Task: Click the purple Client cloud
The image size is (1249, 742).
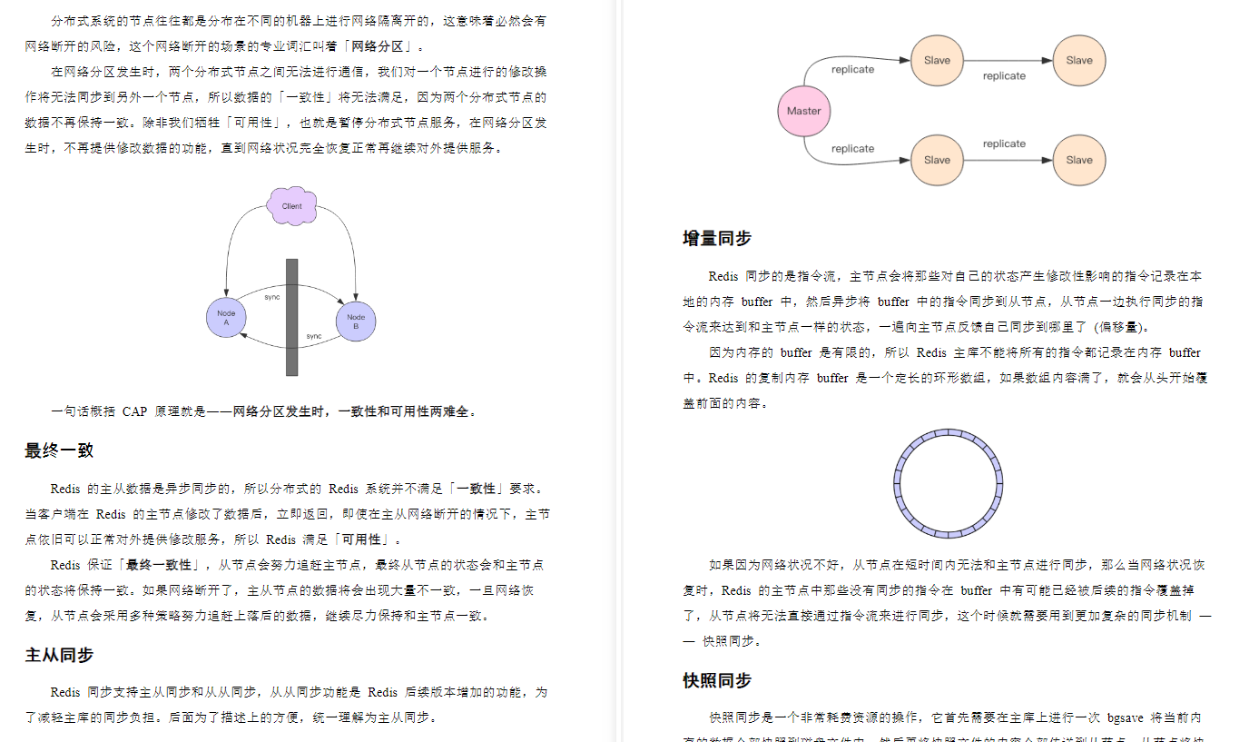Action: tap(291, 206)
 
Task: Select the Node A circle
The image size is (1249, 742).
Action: tap(226, 318)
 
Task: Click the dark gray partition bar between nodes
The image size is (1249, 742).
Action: tap(291, 317)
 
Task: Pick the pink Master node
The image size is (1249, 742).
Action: tap(804, 111)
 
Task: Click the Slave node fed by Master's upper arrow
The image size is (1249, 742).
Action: tap(937, 61)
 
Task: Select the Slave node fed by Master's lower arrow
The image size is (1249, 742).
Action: tap(937, 160)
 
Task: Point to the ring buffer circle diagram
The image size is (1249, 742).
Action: tap(948, 483)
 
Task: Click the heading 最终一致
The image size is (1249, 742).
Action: tap(59, 450)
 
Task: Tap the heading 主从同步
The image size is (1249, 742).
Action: tap(59, 655)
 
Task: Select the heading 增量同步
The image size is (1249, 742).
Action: tap(717, 239)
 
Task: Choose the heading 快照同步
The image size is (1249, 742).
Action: tap(717, 680)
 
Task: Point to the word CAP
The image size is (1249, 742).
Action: tap(134, 411)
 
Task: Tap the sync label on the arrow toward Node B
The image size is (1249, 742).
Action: tap(272, 297)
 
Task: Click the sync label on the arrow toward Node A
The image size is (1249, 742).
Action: tap(314, 336)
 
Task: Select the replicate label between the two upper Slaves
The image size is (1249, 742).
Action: tap(1004, 76)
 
